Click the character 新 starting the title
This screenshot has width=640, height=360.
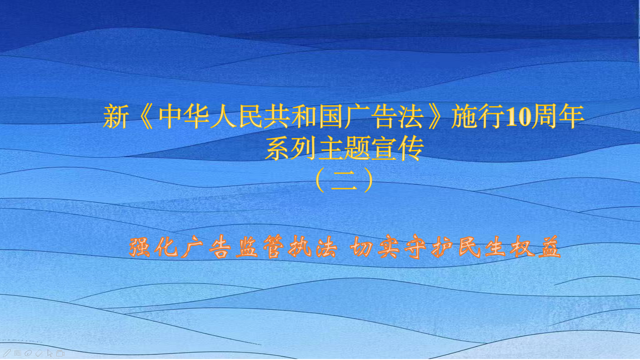click(x=116, y=117)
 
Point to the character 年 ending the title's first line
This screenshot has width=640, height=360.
click(x=571, y=117)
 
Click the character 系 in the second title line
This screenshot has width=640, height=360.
click(x=278, y=148)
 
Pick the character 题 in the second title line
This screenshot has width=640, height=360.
click(x=357, y=148)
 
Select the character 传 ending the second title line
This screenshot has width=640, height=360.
click(x=411, y=148)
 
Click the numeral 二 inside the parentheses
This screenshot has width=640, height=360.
click(x=344, y=181)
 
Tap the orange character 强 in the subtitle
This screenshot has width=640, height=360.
click(x=140, y=247)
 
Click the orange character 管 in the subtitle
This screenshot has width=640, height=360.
click(x=274, y=247)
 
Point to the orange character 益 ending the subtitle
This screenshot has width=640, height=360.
click(x=550, y=247)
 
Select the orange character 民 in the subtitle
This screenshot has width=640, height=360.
click(x=469, y=247)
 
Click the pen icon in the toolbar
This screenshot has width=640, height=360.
click(x=7, y=353)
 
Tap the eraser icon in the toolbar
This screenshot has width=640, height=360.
click(x=39, y=353)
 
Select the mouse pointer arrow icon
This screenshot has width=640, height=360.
click(x=50, y=353)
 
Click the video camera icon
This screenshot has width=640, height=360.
click(x=61, y=353)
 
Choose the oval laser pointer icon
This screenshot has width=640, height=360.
click(x=28, y=353)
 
